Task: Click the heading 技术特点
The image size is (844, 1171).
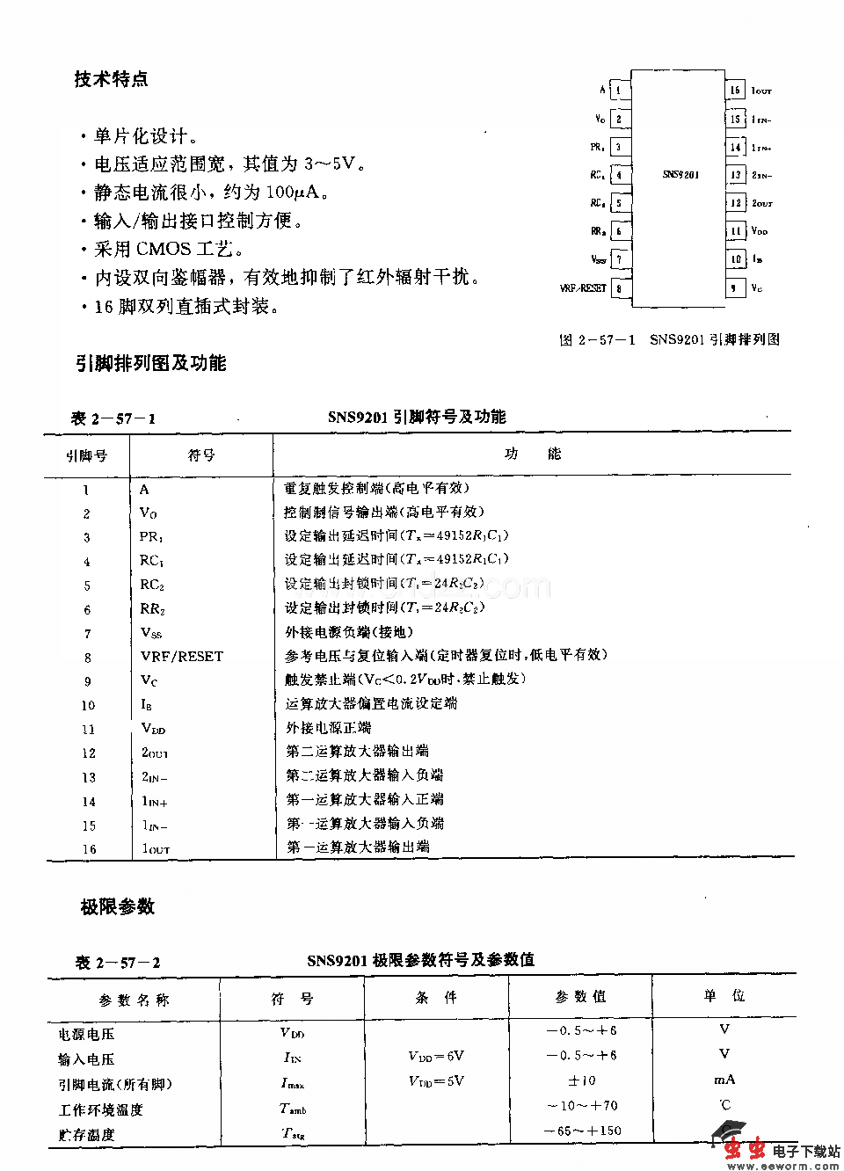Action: tap(111, 79)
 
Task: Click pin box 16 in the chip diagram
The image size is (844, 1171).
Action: tap(735, 90)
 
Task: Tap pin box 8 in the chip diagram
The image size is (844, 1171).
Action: tap(620, 287)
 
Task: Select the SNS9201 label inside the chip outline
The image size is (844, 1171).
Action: tap(680, 175)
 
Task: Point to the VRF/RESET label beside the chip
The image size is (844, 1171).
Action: tap(583, 287)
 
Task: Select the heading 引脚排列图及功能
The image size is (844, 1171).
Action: tap(150, 363)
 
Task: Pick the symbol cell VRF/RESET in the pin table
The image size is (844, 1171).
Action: tap(182, 656)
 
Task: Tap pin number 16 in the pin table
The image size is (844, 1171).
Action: tap(89, 849)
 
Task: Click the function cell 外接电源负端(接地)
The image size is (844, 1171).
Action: tap(349, 632)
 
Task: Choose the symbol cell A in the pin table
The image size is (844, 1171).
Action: tap(144, 490)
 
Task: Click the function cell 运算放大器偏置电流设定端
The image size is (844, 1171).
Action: tap(371, 703)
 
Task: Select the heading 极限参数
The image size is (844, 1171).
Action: tap(118, 906)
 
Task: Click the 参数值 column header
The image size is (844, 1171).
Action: tap(580, 996)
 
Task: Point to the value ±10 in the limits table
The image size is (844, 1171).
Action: tap(582, 1080)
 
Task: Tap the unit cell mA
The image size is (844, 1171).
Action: tap(724, 1080)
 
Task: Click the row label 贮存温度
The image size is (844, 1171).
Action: tap(87, 1135)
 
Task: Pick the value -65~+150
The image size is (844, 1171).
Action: tap(582, 1131)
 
